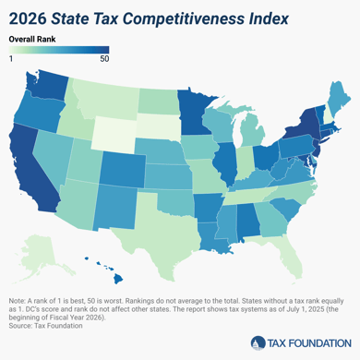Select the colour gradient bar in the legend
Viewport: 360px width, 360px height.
click(58, 50)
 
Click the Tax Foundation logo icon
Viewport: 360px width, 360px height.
click(255, 342)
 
